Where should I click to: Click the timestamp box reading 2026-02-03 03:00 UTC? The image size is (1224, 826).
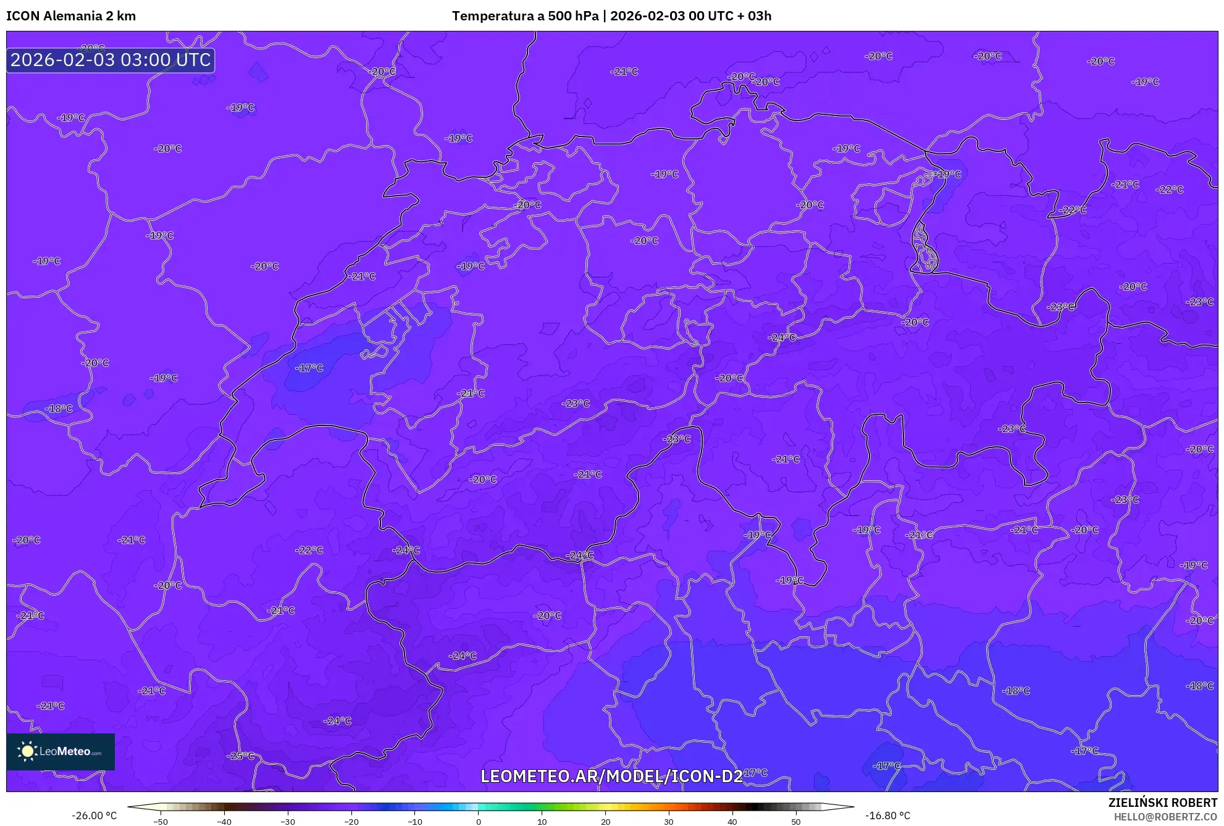111,60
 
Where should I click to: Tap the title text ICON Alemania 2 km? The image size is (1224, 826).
71,16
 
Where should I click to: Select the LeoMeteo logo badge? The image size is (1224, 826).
61,751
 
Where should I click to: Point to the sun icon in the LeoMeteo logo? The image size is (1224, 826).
27,751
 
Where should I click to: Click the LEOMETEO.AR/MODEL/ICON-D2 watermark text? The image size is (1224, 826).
611,776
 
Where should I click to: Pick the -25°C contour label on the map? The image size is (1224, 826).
240,756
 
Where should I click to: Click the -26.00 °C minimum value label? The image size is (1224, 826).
94,816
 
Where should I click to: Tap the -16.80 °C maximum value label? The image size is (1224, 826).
887,816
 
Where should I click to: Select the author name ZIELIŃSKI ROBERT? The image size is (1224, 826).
1163,803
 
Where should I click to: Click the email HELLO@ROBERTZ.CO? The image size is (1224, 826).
1165,817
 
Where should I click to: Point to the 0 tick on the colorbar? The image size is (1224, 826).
478,821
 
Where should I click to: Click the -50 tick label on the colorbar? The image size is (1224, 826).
161,822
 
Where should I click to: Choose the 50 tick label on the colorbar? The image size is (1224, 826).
795,822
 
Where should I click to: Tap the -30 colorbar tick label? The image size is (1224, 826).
288,822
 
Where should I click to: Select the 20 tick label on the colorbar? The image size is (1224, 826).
605,822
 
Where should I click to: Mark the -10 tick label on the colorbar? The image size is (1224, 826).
415,822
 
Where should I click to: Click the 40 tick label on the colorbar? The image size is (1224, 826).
732,822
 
